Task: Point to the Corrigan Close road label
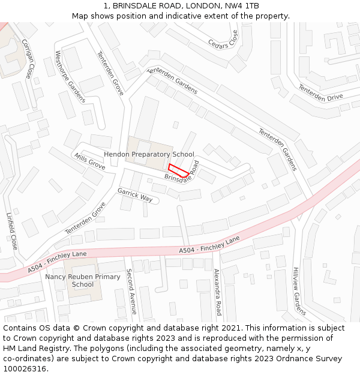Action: coord(27,59)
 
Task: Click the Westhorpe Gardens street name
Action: coord(70,76)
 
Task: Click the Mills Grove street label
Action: coord(89,160)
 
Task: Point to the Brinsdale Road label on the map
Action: coord(181,173)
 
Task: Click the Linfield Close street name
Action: coord(12,231)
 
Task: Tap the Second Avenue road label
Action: coord(131,291)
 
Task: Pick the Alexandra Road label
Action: coord(217,292)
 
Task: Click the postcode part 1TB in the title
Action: coord(252,6)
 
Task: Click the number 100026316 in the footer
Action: coord(25,368)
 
